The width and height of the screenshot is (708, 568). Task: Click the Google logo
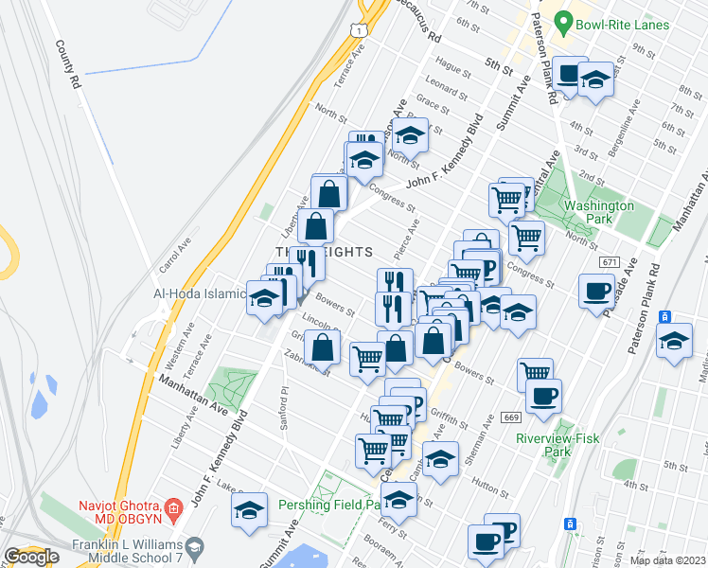tap(31, 557)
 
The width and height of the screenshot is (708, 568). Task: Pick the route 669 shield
tap(511, 417)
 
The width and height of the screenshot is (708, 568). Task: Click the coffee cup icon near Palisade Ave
tap(597, 291)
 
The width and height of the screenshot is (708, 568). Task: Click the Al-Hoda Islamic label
tap(200, 293)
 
